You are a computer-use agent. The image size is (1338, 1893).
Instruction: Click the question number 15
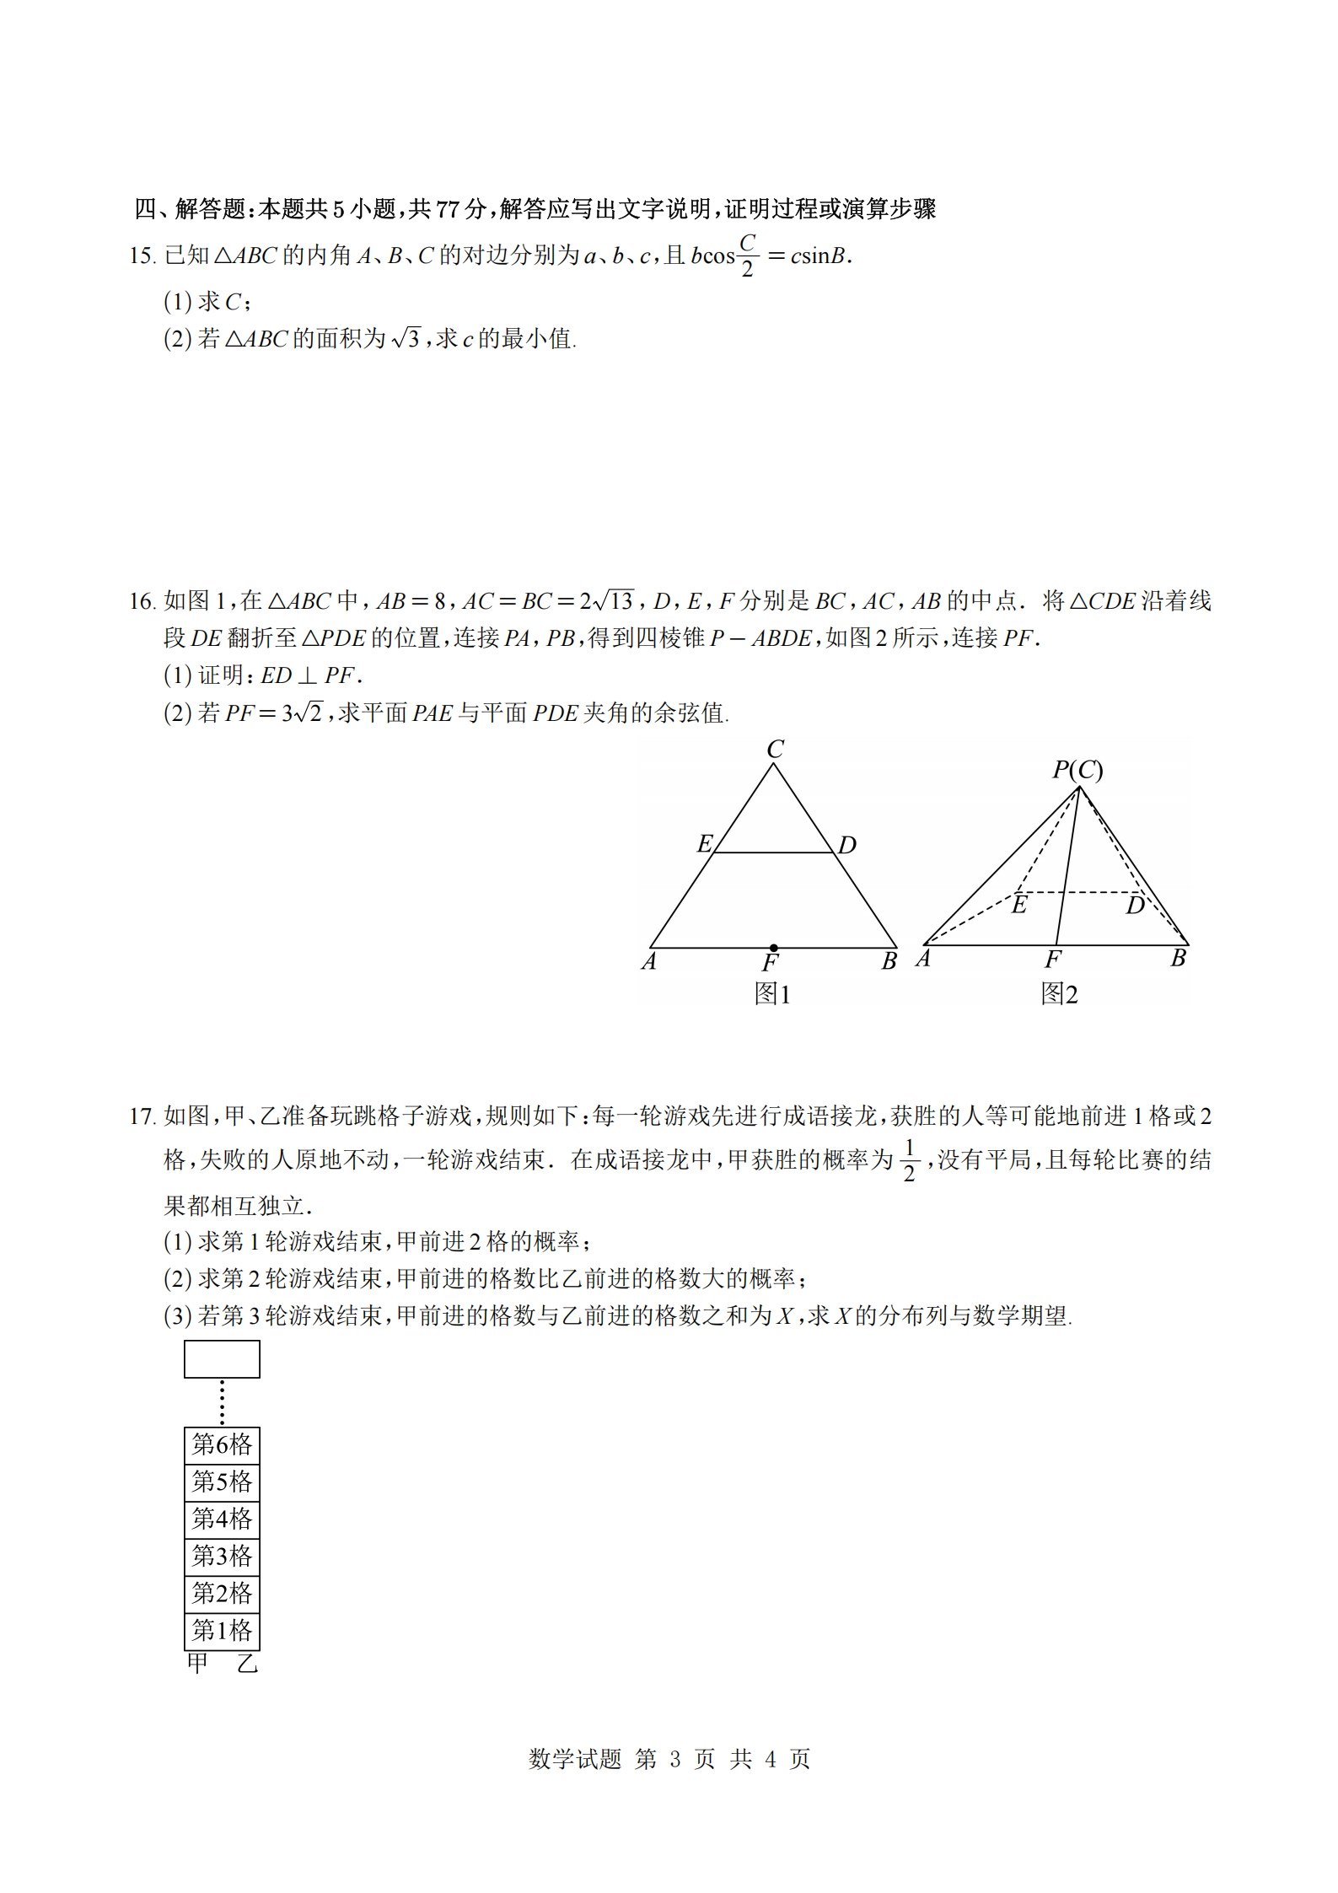142,255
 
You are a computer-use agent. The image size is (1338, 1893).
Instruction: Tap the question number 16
142,601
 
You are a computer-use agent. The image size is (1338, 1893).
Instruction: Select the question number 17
142,1116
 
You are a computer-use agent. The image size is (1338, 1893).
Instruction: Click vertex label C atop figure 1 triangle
775,749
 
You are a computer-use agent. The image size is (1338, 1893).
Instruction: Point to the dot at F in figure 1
773,948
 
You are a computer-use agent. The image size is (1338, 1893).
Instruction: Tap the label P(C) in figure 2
1077,770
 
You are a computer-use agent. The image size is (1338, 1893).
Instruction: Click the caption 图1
771,994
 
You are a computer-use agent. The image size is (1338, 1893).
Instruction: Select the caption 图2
1059,994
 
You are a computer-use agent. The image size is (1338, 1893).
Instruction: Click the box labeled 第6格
222,1444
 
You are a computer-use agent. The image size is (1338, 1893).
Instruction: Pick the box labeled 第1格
222,1630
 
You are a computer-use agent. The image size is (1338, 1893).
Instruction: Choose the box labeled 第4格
222,1519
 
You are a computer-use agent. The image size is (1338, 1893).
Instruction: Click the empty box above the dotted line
222,1359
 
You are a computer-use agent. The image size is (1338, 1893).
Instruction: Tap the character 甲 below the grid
197,1664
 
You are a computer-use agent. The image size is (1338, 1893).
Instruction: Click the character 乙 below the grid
247,1664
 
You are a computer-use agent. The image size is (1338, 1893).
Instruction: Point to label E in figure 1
705,843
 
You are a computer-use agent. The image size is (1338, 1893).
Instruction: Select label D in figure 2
1135,906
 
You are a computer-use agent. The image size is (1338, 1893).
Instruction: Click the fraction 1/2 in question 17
909,1160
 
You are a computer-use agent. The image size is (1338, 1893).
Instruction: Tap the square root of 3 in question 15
406,339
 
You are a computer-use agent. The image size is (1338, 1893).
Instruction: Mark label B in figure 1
889,961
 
